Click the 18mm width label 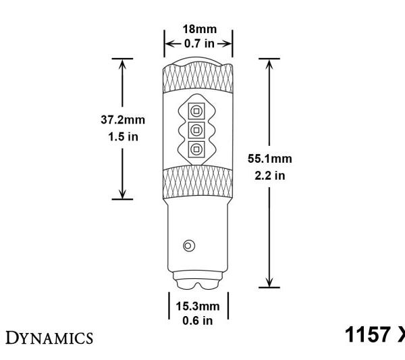[198, 30]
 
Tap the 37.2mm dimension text [122, 119]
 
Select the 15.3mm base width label [198, 306]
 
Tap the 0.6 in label [198, 319]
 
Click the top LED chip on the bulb [196, 109]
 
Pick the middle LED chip [196, 129]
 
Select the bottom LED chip [196, 149]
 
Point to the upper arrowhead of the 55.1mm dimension [269, 63]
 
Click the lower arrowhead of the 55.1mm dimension [269, 282]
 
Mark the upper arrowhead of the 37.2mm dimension [122, 63]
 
